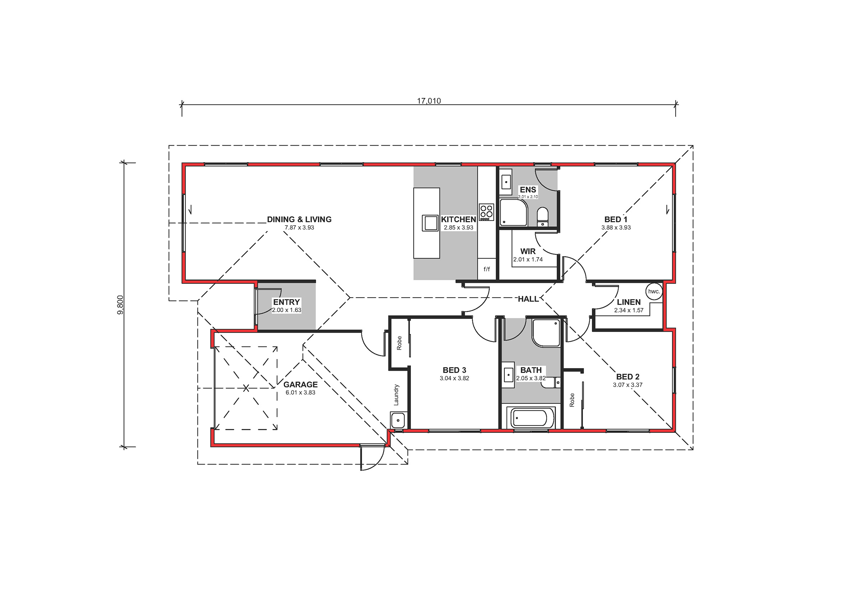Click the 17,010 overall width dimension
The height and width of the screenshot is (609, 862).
point(429,101)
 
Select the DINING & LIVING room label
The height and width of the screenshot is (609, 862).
point(299,219)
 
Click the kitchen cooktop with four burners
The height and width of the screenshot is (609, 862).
point(486,212)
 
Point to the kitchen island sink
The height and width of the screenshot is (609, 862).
point(430,223)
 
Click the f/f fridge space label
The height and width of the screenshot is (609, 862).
point(487,269)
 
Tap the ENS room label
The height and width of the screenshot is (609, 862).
point(528,190)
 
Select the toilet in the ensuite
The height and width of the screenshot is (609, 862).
point(542,217)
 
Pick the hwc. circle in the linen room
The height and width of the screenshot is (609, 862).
point(654,291)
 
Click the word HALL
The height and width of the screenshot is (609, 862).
point(528,299)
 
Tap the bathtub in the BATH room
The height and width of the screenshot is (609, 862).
point(530,418)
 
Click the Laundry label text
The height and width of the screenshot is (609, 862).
point(396,395)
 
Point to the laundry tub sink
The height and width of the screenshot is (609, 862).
point(398,420)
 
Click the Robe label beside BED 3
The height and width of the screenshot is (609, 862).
point(399,343)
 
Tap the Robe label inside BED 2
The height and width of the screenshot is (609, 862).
point(572,400)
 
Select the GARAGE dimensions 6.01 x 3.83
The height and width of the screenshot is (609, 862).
point(300,393)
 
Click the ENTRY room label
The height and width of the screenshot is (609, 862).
point(287,302)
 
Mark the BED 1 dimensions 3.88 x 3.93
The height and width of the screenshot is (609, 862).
point(616,228)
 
